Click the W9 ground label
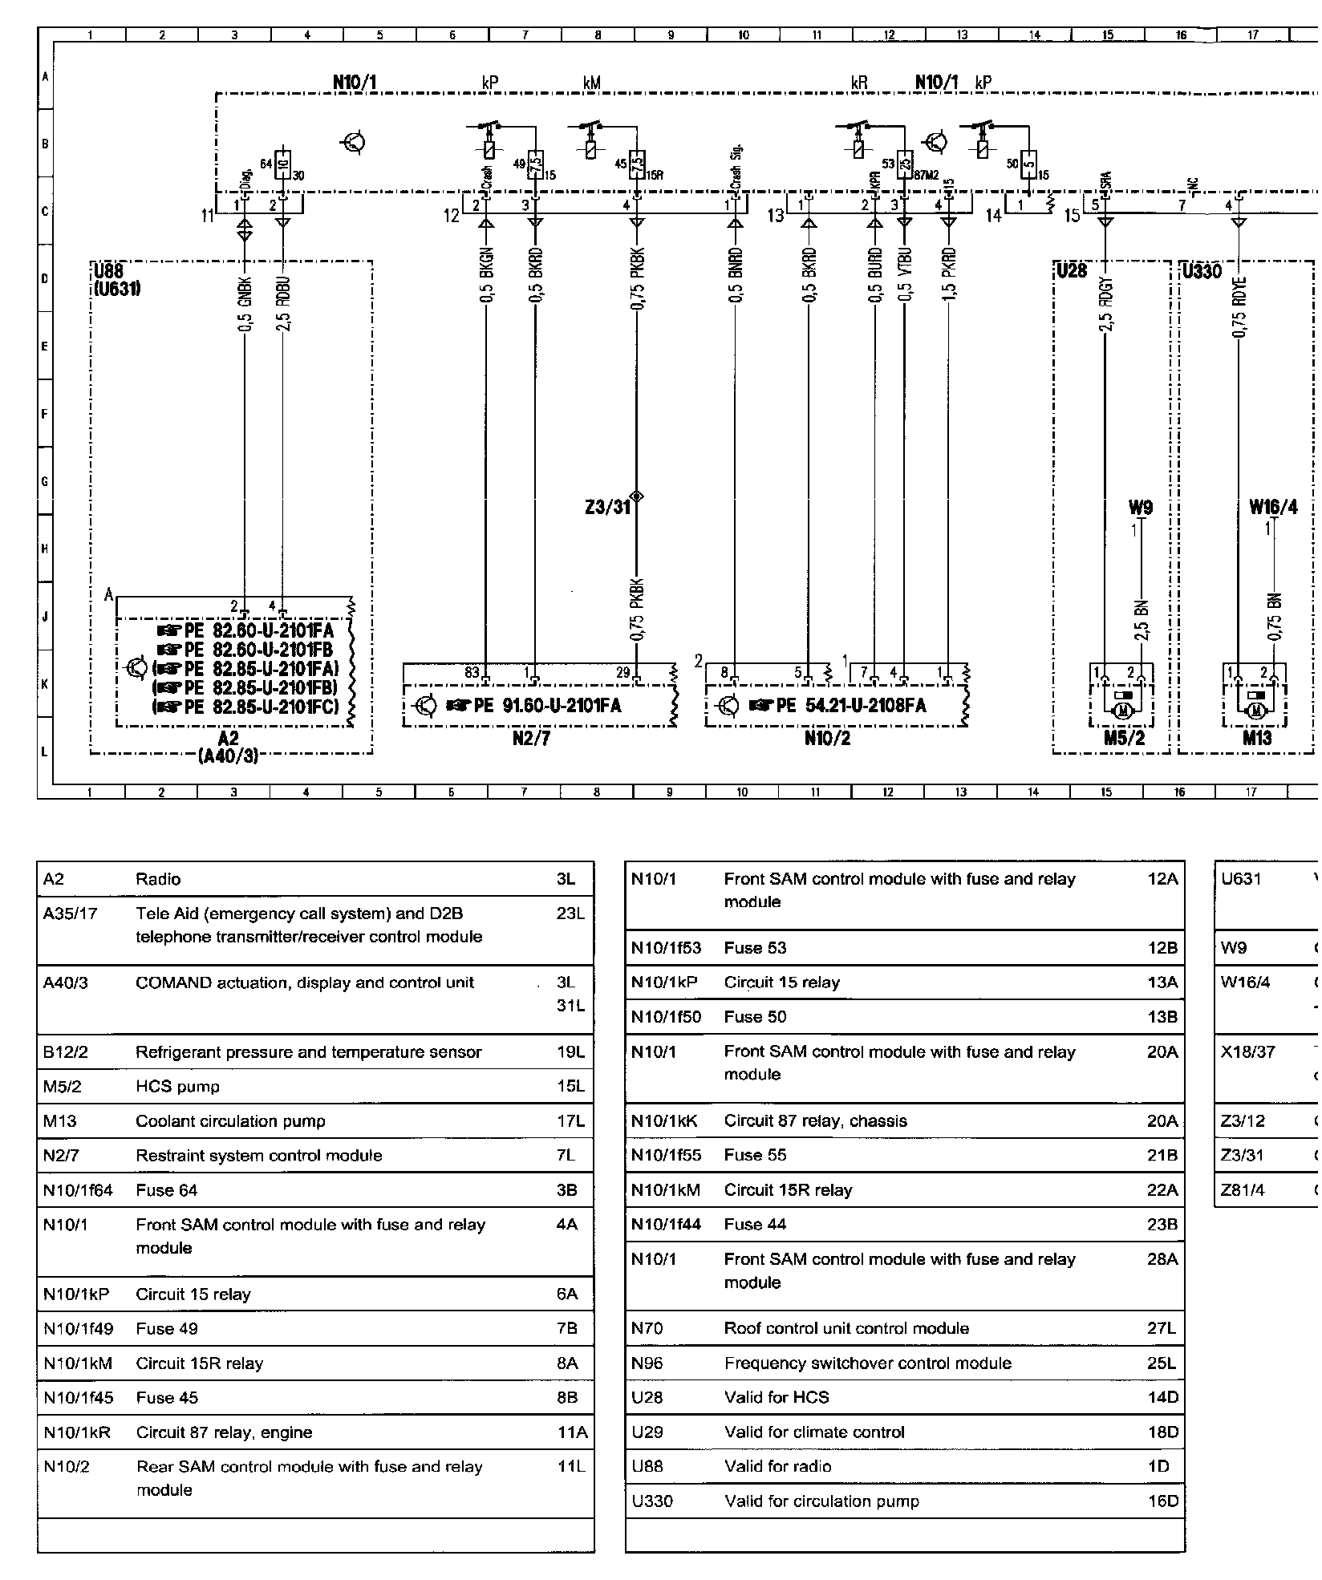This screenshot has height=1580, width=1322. pos(1140,508)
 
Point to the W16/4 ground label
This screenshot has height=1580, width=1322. pos(1273,508)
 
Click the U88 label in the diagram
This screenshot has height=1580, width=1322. pos(107,271)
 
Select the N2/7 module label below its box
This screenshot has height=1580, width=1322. pos(531,739)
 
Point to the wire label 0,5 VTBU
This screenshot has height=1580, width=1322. pos(904,276)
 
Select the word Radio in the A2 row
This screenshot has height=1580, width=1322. pos(158,879)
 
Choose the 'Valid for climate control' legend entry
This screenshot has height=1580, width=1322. pos(814,1432)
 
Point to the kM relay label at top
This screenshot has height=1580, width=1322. pos(592,83)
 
